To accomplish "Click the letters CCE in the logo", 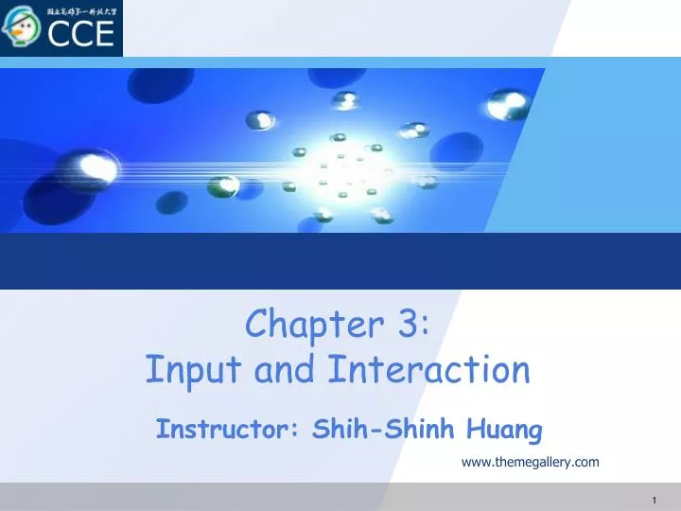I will coord(80,34).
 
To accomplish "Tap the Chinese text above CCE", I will coord(80,11).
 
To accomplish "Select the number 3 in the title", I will coord(410,325).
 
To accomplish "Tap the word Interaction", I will coord(428,370).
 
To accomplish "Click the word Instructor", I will coord(223,431).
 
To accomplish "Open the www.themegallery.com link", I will coord(530,462).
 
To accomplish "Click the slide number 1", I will coord(655,499).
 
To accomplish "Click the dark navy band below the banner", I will coord(340,261).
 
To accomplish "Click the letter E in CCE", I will coord(101,34).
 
